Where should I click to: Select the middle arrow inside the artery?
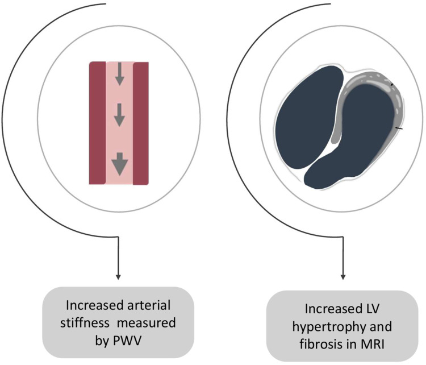119,116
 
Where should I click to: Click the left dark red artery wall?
98,123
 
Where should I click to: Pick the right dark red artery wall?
140,123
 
